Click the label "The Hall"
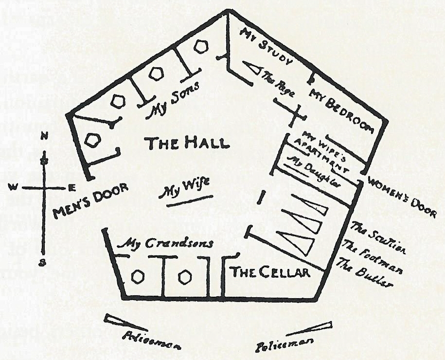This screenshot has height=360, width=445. (187, 144)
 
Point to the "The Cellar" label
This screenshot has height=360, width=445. (270, 272)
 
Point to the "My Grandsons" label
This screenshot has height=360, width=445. (166, 243)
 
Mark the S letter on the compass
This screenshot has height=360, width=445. (43, 263)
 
